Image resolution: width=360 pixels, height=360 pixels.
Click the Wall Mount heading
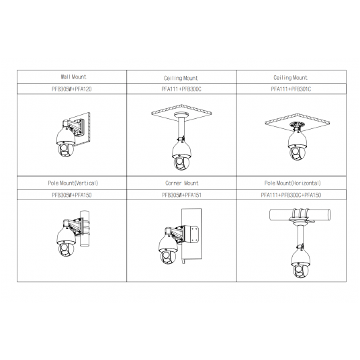click(x=73, y=77)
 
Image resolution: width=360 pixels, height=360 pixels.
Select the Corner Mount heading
click(x=182, y=183)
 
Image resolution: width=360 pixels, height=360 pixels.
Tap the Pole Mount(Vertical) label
click(x=73, y=183)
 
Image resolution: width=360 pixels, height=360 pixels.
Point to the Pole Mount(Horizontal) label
click(x=293, y=183)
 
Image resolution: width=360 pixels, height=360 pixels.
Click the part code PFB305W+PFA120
click(x=72, y=89)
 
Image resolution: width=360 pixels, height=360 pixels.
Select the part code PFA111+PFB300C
click(x=181, y=89)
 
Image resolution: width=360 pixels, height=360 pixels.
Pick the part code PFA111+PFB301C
click(x=291, y=89)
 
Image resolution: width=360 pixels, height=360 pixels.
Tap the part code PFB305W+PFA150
click(x=72, y=195)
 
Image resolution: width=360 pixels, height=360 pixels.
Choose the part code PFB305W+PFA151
click(x=181, y=195)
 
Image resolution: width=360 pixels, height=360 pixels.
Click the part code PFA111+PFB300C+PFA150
click(x=291, y=195)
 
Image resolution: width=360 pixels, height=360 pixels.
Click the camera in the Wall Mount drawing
click(x=66, y=142)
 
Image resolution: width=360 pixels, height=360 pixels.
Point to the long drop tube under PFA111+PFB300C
click(x=181, y=128)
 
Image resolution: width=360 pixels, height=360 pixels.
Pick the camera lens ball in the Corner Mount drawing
click(x=169, y=257)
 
